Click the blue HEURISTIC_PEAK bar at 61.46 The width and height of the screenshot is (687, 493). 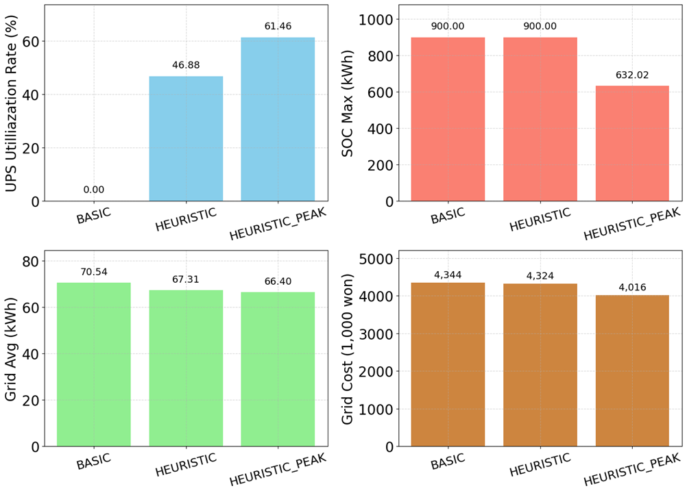tap(278, 119)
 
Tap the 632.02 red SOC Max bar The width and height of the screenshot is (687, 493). tap(632, 143)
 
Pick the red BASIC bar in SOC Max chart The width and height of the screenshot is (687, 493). tap(448, 119)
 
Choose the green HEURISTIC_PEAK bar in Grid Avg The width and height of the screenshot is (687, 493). tap(278, 369)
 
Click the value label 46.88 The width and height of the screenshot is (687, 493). tap(186, 66)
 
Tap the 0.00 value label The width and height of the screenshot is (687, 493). tap(94, 190)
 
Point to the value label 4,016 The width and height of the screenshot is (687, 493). tap(632, 287)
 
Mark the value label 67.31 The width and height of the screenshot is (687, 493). tap(186, 280)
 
